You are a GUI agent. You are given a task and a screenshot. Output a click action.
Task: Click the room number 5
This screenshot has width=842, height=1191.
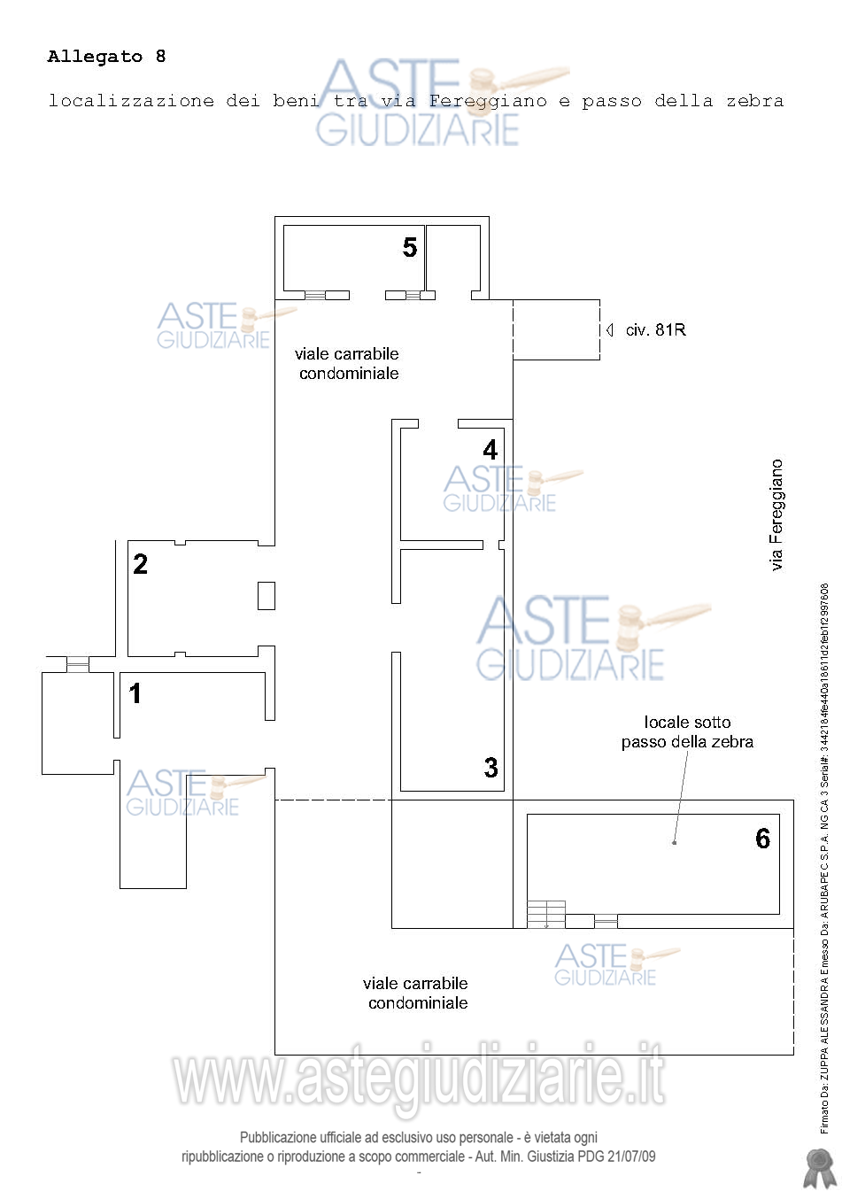(409, 247)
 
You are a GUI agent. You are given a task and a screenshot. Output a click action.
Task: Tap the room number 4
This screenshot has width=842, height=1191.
(491, 450)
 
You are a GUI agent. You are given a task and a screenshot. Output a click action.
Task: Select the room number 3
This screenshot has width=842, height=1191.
(491, 767)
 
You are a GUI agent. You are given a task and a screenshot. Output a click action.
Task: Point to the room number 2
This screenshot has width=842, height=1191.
(140, 564)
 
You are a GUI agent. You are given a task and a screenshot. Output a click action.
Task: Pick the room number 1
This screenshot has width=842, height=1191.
(135, 693)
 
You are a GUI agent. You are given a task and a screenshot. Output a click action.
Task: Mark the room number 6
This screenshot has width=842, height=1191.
(763, 838)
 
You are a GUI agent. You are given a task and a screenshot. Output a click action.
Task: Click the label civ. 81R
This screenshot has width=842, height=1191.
(655, 330)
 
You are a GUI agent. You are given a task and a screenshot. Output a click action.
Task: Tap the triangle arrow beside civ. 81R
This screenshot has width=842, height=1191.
(610, 330)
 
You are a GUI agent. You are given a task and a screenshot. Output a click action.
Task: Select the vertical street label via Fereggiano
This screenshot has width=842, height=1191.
(776, 515)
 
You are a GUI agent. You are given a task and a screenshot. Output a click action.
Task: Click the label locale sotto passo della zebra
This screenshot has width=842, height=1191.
(687, 731)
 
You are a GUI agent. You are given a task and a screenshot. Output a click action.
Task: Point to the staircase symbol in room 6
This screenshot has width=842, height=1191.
(546, 914)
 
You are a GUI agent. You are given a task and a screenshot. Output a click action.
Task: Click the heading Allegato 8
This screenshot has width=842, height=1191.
(107, 57)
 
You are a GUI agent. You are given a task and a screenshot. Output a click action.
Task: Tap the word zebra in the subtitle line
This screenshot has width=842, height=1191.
(755, 101)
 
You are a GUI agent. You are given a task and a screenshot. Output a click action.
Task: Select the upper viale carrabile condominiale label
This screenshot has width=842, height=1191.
(347, 364)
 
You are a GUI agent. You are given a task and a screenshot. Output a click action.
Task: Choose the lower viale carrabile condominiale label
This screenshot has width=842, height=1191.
(415, 994)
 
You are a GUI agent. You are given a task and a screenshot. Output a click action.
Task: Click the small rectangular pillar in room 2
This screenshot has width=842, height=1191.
(267, 595)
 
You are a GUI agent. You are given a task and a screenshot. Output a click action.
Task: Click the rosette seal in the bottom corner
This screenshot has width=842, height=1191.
(820, 1165)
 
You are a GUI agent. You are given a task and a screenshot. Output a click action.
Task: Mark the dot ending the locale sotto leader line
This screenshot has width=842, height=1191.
(675, 843)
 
